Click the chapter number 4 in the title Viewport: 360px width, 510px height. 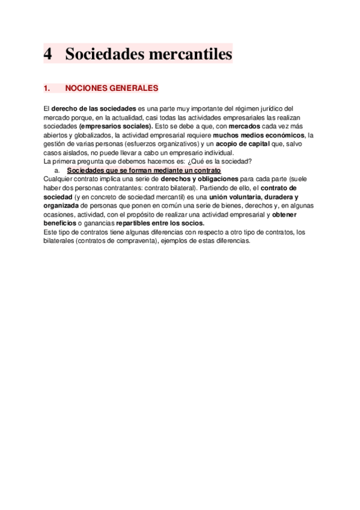[x=48, y=54]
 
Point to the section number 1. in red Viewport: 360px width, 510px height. [x=47, y=88]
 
